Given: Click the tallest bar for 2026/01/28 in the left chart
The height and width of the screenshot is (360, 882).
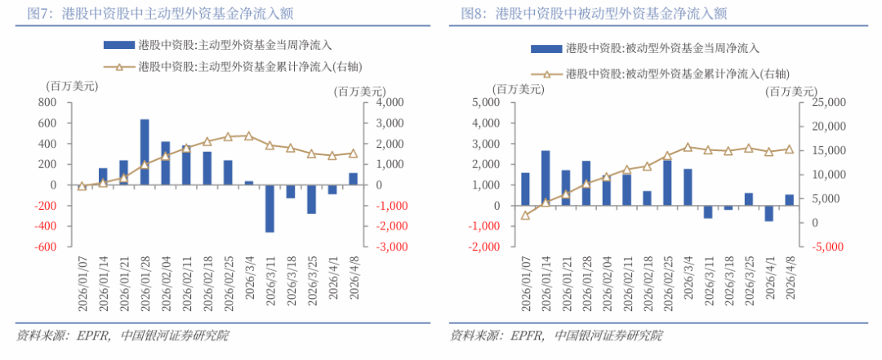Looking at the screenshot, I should (145, 152).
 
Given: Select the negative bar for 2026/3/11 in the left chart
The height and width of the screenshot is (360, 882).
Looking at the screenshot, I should (269, 208).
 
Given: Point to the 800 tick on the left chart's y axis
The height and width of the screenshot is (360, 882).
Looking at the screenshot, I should (47, 103).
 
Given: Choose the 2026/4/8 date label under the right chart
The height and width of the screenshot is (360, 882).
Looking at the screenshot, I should (790, 281).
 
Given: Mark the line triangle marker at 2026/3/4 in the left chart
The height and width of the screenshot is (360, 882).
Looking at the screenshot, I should (249, 136).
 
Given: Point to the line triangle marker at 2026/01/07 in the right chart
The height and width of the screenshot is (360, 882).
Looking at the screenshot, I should (525, 216).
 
